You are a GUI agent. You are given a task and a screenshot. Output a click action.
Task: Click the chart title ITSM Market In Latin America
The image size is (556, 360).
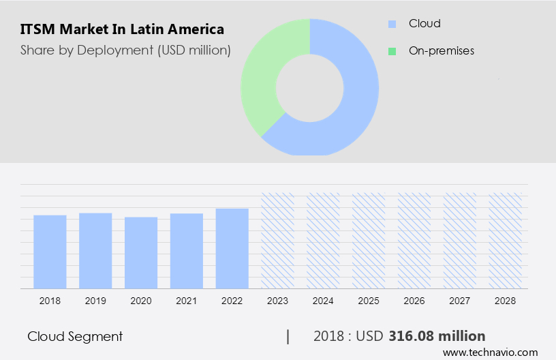(x=122, y=29)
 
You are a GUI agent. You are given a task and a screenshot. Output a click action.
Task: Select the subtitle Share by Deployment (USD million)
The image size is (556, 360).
(x=125, y=50)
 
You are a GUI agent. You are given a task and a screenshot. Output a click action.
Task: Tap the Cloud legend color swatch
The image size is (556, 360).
(x=392, y=24)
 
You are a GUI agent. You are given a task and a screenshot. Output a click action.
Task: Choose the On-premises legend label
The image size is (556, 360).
(x=441, y=50)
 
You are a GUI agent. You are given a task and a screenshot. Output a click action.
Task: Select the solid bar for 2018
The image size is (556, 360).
(x=50, y=252)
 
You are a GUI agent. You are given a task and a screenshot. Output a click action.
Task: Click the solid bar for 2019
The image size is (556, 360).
(x=95, y=250)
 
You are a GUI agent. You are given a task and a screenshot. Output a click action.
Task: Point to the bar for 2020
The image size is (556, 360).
(x=141, y=252)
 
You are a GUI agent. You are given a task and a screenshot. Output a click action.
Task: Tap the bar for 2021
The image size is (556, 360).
(x=187, y=251)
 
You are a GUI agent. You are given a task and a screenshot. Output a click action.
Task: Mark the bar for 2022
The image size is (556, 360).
(x=232, y=248)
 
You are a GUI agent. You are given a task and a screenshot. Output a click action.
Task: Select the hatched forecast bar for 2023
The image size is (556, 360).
(x=278, y=240)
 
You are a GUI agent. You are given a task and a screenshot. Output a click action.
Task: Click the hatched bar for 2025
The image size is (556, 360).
(x=369, y=240)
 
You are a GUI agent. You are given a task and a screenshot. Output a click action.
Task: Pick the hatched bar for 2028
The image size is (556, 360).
(x=506, y=240)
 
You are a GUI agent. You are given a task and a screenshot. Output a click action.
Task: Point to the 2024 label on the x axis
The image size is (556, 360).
(x=323, y=300)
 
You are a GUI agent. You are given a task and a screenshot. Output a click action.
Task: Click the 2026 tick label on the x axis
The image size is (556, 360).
(x=414, y=300)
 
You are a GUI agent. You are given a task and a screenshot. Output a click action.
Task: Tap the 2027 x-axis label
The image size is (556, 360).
(x=460, y=300)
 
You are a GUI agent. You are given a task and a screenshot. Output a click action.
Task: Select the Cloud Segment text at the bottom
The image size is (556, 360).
(x=75, y=336)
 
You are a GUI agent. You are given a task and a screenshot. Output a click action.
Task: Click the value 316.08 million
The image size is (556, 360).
(x=437, y=336)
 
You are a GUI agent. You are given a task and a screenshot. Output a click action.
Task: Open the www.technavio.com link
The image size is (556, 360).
(x=490, y=352)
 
